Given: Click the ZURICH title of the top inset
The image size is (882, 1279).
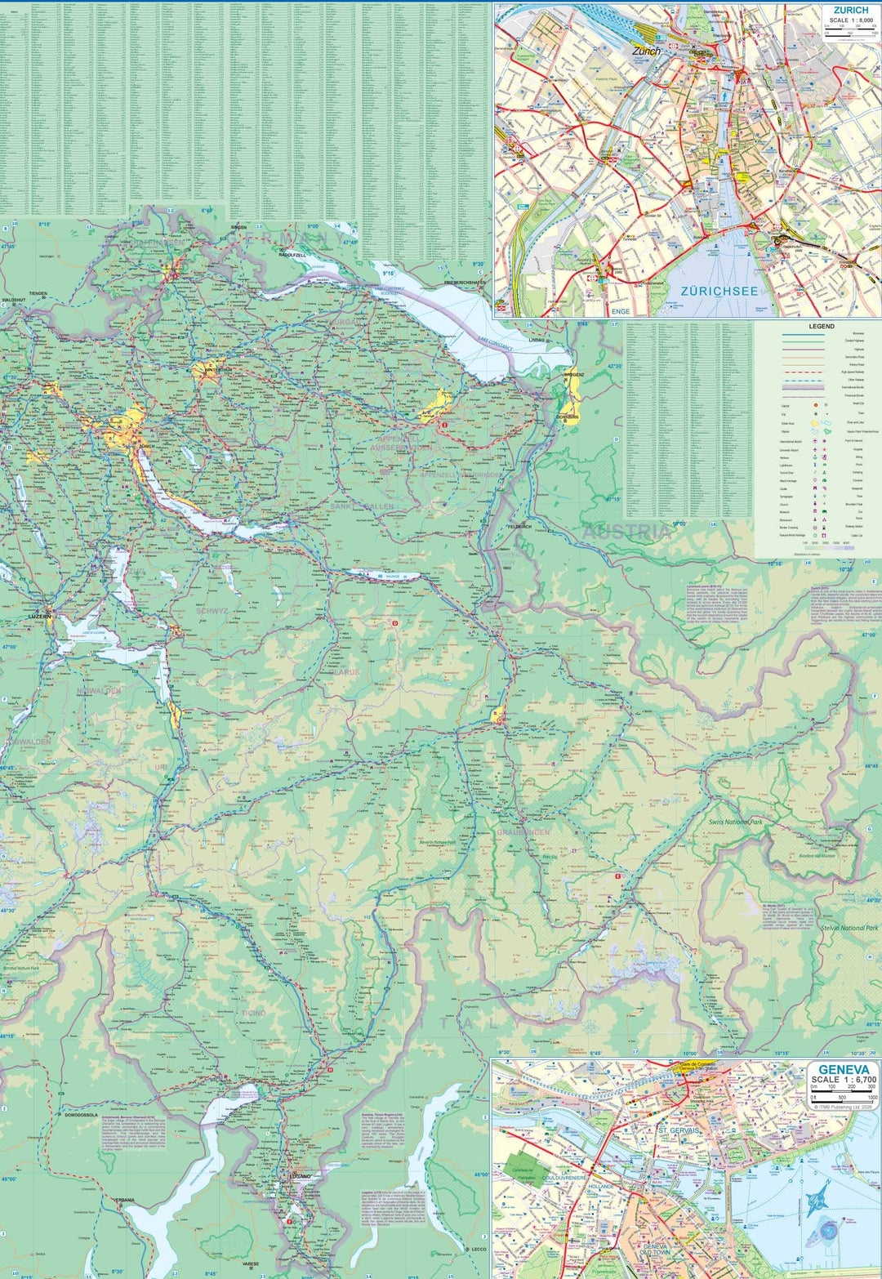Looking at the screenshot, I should [850, 11].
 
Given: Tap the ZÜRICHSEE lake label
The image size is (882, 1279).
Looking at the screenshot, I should [719, 291].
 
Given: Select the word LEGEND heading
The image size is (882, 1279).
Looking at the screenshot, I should [822, 326].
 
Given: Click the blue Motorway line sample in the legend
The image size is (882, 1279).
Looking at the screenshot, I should [803, 334].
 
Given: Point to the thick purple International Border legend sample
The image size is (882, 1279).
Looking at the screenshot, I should [803, 388].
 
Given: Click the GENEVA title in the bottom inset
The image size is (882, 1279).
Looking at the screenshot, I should [844, 1069].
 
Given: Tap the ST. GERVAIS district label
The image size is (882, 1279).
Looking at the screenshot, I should [678, 1130].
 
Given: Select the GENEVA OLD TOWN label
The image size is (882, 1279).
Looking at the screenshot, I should [655, 1248].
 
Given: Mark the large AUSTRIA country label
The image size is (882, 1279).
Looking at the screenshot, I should [626, 532].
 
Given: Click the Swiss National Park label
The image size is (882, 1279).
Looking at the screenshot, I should [735, 822].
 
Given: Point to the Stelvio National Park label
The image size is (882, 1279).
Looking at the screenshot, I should [849, 928].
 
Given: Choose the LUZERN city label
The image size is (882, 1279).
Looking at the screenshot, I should [38, 616].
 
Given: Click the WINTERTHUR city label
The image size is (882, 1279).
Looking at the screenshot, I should [215, 370].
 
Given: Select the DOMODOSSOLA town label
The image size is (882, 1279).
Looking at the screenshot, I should [82, 1114].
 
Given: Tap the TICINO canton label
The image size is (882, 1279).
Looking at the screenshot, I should [253, 1013].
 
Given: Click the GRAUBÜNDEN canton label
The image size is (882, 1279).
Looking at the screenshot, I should [523, 831].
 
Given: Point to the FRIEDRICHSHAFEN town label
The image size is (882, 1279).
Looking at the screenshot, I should [465, 283].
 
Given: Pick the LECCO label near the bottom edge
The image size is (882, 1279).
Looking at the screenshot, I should [479, 1249].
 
